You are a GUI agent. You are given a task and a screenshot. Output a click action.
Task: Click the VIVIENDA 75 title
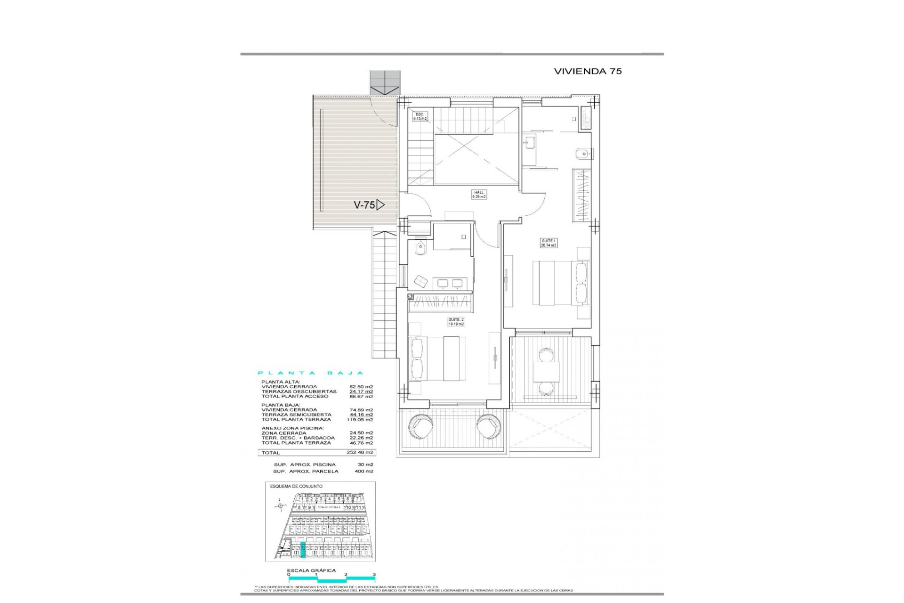pyautogui.click(x=588, y=71)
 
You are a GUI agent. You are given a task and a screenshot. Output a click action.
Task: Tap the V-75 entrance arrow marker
pyautogui.click(x=380, y=205)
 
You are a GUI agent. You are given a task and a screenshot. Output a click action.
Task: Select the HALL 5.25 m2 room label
pyautogui.click(x=479, y=194)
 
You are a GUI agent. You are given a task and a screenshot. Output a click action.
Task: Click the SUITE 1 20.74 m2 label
pyautogui.click(x=549, y=243)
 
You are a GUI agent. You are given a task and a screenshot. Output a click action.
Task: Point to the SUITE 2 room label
pyautogui.click(x=456, y=322)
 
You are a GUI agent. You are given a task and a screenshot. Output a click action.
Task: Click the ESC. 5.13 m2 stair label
pyautogui.click(x=420, y=116)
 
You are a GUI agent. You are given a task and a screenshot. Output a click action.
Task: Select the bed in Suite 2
pyautogui.click(x=443, y=358)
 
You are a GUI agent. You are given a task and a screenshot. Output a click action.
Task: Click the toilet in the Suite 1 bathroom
pyautogui.click(x=581, y=154)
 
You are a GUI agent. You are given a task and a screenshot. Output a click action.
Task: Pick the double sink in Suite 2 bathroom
pyautogui.click(x=450, y=283)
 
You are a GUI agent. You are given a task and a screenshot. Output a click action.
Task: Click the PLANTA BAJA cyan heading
pyautogui.click(x=311, y=373)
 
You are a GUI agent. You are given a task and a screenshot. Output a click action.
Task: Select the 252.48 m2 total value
pyautogui.click(x=360, y=452)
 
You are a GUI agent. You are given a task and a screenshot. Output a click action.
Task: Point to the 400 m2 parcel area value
pyautogui.click(x=364, y=471)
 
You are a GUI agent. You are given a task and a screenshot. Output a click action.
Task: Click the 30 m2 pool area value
pyautogui.click(x=365, y=464)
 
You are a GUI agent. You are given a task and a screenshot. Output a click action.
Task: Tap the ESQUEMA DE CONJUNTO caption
pyautogui.click(x=296, y=486)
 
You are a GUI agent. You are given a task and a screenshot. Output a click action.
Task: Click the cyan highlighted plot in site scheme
pyautogui.click(x=303, y=550)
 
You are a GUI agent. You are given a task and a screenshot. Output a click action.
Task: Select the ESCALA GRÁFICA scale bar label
pyautogui.click(x=312, y=570)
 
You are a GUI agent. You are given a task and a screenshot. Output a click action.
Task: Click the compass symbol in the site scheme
pyautogui.click(x=281, y=506)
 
